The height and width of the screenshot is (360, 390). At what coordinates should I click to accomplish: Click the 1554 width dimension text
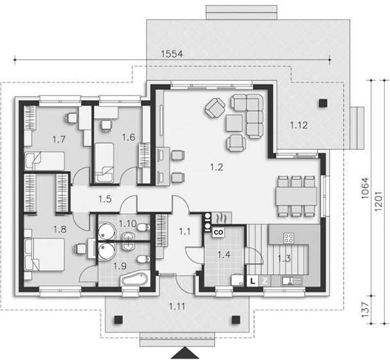tap(172, 54)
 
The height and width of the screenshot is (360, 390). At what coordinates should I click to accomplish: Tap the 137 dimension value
tap(365, 310)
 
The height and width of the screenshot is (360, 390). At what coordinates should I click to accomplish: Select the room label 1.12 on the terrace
tap(298, 125)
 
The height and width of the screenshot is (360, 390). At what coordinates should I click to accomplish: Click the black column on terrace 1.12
tap(323, 102)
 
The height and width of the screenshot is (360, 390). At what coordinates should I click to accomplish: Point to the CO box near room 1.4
tap(218, 233)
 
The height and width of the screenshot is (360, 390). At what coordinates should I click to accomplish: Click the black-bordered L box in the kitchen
tap(253, 281)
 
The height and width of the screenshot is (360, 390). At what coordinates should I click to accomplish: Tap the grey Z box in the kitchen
tap(264, 281)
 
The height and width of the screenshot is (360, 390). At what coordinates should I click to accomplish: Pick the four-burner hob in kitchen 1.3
tap(289, 238)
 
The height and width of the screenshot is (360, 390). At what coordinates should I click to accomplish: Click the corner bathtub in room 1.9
tap(134, 279)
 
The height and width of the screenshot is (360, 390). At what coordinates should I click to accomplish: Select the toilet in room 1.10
tap(143, 227)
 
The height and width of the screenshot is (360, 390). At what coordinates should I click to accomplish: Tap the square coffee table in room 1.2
tap(234, 123)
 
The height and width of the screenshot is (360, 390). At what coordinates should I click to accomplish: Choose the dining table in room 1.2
tap(296, 196)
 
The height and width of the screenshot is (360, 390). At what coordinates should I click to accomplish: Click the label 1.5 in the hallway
tap(105, 199)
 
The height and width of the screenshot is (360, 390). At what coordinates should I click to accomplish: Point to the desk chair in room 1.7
tap(72, 118)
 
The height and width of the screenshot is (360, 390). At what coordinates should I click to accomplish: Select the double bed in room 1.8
tap(44, 254)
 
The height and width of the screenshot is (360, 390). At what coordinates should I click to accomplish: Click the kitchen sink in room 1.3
tap(291, 281)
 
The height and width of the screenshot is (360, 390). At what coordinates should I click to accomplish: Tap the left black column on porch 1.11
tap(118, 320)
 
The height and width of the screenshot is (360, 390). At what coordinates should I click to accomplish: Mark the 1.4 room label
tap(223, 254)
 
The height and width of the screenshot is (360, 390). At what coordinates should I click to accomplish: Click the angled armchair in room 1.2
tap(215, 108)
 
